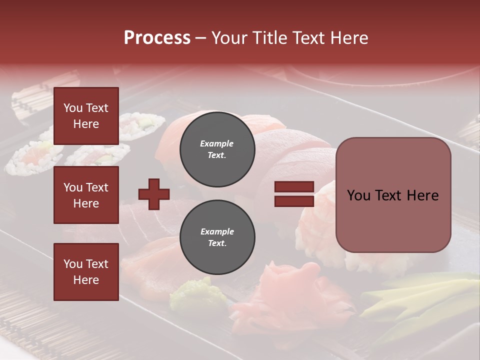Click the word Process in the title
point(157,38)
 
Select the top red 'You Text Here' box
point(86,116)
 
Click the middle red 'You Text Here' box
point(86,195)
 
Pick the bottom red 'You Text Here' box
point(86,272)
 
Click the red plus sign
point(154,194)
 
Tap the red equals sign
point(294,194)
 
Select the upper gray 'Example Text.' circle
point(217,149)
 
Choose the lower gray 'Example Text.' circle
point(217,237)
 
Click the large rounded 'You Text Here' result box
point(393,195)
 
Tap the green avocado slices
point(420,300)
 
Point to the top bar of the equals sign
point(294,187)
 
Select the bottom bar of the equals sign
point(294,201)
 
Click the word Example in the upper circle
point(217,143)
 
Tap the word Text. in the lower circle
point(217,243)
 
